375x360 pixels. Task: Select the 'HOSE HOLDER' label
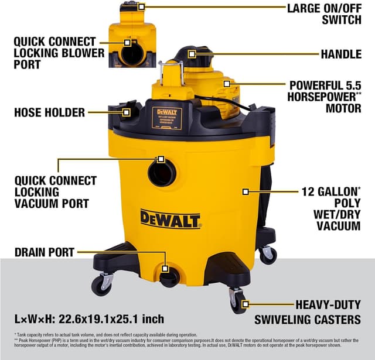(50, 112)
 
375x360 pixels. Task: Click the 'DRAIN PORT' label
(45, 252)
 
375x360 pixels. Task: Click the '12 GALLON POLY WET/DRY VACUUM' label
(330, 208)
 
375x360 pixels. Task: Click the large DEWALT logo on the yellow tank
(170, 218)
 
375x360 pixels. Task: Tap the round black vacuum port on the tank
(162, 173)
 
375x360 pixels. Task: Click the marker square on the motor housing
(227, 84)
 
